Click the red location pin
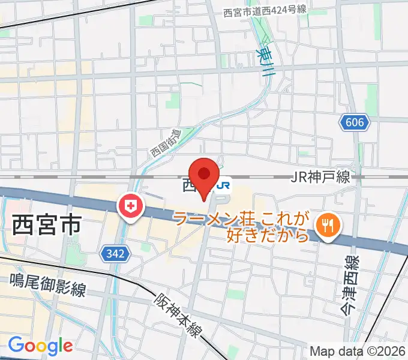[205, 175]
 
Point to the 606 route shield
[355, 123]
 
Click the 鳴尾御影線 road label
[48, 286]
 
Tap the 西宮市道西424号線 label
[265, 12]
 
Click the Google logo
[40, 346]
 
